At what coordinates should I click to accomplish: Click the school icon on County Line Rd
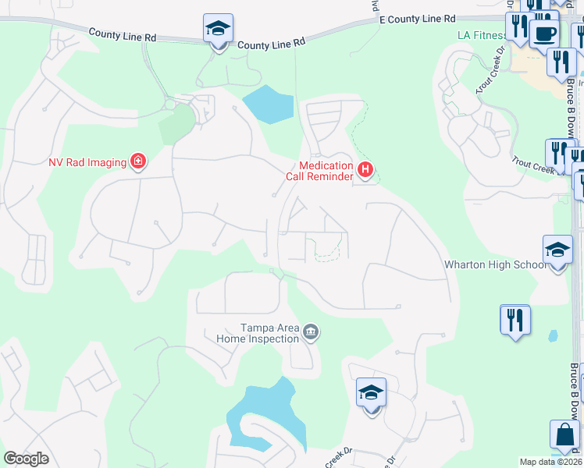[218, 30]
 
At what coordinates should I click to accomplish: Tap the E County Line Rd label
[417, 18]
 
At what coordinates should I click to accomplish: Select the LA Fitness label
[480, 36]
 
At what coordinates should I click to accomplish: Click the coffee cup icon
[543, 34]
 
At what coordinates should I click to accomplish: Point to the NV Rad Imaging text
[87, 162]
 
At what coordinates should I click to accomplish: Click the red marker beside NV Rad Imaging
[138, 161]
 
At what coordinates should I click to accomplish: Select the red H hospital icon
[365, 168]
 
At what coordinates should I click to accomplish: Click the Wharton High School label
[495, 264]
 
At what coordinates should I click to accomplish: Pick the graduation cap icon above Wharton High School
[557, 250]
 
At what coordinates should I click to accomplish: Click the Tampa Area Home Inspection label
[269, 333]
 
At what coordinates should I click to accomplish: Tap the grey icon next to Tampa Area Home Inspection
[311, 333]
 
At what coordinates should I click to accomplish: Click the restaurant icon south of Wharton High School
[515, 320]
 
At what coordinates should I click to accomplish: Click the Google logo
[26, 459]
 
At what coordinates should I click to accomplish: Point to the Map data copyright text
[551, 462]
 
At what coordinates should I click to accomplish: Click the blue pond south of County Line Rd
[269, 104]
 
